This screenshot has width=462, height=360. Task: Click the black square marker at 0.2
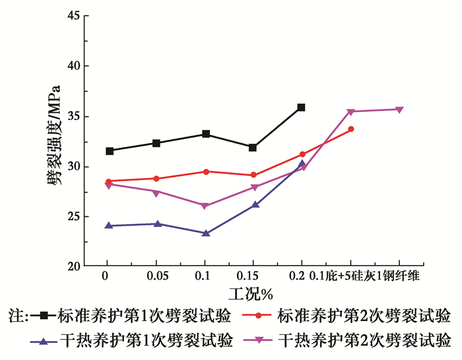coord(301,107)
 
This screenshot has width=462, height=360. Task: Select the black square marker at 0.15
coord(253,148)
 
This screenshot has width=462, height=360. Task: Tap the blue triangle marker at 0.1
coord(206,233)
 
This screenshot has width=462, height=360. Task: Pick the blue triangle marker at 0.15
coord(255,204)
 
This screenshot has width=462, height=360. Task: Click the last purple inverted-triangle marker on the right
coord(399,110)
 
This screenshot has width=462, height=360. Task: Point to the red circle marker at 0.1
coord(206,171)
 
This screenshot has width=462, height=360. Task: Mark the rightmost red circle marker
coord(351,129)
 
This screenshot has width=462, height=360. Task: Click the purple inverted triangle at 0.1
coord(205,206)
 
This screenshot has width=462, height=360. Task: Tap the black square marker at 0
coord(110,151)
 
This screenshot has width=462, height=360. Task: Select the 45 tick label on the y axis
coord(74,15)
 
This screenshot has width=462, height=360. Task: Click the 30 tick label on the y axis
coord(74,167)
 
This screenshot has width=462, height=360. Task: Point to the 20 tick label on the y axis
coord(74,266)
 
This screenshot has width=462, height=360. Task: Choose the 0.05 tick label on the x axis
coord(158,276)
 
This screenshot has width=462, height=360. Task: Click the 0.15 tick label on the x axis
coord(247,276)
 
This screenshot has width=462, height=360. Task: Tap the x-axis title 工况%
coord(251,294)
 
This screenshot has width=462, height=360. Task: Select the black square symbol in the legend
coord(44,316)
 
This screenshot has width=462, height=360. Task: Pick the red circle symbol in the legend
coord(258,316)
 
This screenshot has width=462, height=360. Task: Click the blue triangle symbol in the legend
coord(44,341)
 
